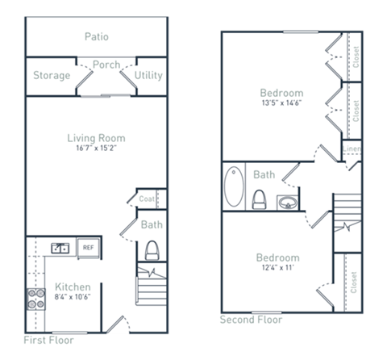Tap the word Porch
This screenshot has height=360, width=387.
coord(106,65)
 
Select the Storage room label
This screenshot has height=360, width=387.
coord(50,76)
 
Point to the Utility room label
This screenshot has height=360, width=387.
coord(148,76)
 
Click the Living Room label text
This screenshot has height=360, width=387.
coord(96,138)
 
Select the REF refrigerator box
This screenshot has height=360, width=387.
coord(88,248)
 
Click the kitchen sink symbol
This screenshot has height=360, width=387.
coord(60,248)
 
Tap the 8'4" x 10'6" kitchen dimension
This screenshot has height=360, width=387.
coord(72,298)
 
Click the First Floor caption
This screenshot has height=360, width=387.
coord(48,339)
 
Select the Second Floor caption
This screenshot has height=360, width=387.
coord(251,319)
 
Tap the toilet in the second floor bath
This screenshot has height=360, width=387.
coord(260,198)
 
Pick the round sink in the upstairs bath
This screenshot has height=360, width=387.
coord(287,201)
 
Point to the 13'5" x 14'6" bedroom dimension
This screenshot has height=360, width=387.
coord(281,103)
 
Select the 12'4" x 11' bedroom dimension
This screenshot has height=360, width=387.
coord(277,269)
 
